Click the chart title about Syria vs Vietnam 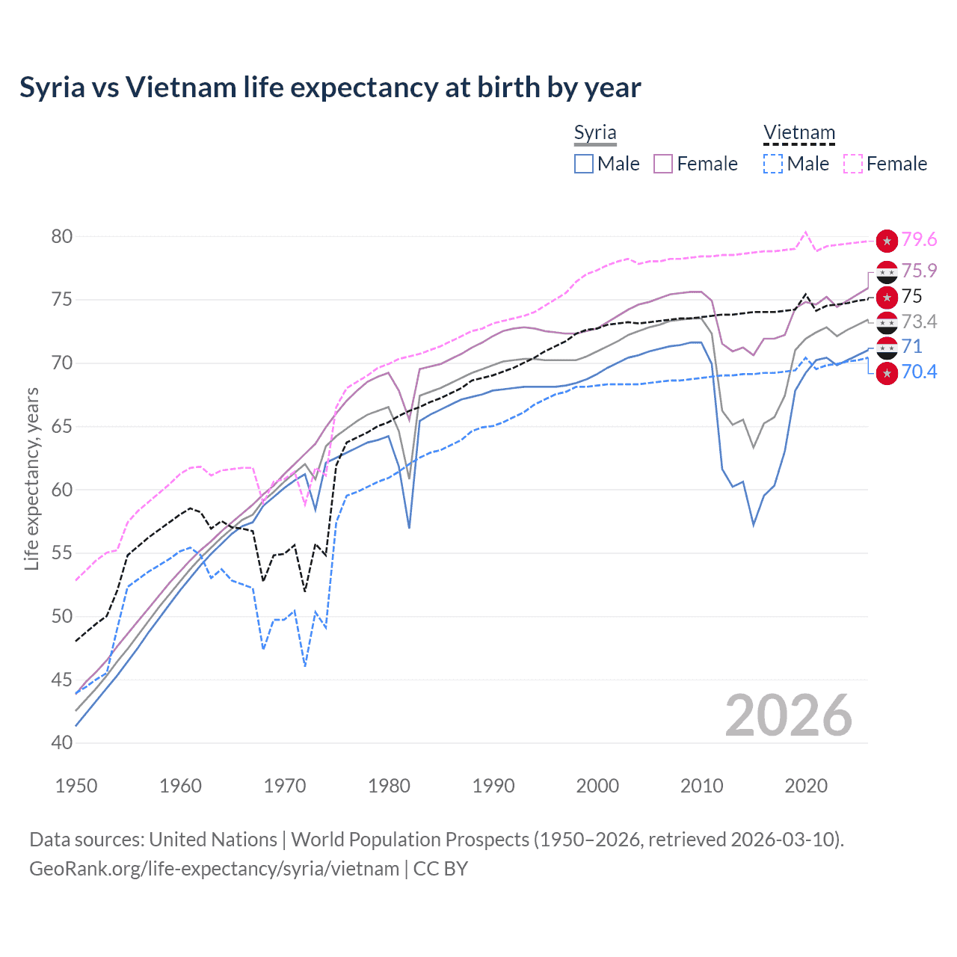point(330,87)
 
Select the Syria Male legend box point(584,164)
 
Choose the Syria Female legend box point(663,164)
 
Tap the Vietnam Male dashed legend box point(773,164)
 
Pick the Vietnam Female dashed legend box point(853,164)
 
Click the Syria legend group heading point(595,133)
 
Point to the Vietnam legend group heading point(798,133)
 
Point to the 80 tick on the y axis point(62,237)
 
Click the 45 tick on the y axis point(62,680)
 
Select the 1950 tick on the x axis point(76,786)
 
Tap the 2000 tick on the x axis point(597,786)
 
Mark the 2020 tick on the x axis point(806,786)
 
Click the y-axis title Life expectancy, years point(31,478)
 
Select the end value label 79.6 point(919,239)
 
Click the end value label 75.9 point(919,271)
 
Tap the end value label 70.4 point(919,372)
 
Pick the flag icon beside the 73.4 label point(887,322)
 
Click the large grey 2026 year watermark point(788,716)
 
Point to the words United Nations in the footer point(213,840)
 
